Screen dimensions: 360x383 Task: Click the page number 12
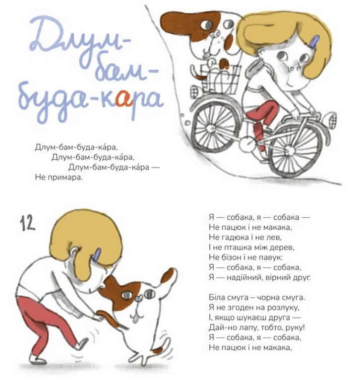pos(27,223)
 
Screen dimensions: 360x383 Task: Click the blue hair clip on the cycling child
pos(314,41)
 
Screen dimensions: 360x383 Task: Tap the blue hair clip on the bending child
pos(97,256)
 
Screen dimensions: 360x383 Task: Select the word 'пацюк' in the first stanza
pos(233,228)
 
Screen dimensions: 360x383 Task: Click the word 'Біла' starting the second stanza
pos(217,297)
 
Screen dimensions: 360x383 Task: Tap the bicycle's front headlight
pos(330,118)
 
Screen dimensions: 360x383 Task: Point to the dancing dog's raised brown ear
pos(168,275)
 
